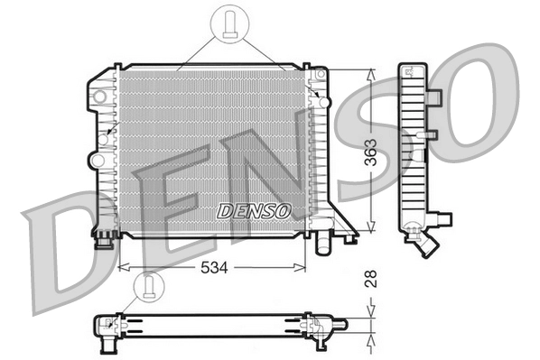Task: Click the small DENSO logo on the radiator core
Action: (254, 210)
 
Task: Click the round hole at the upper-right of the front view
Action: (323, 102)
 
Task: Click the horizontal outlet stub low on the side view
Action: (442, 217)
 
